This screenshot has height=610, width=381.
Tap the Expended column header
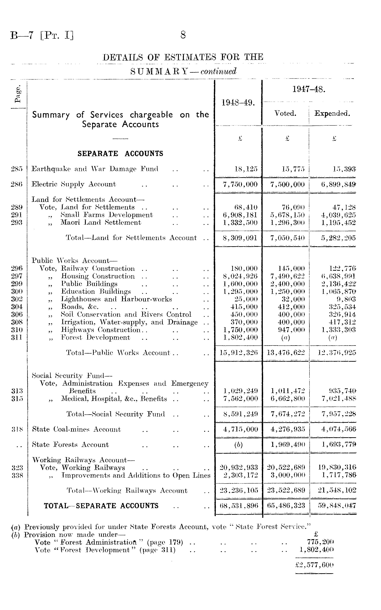[x=332, y=114]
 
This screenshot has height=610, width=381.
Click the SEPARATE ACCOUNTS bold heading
[x=120, y=154]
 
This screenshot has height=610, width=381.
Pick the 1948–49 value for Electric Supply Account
[x=240, y=184]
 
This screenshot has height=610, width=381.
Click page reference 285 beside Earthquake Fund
[x=17, y=169]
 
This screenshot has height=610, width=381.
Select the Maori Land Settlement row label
[x=101, y=222]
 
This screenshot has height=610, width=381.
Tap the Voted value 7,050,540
[x=287, y=238]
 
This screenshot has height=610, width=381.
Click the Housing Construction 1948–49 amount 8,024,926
[x=240, y=276]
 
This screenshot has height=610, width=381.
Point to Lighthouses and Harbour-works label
[x=116, y=299]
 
